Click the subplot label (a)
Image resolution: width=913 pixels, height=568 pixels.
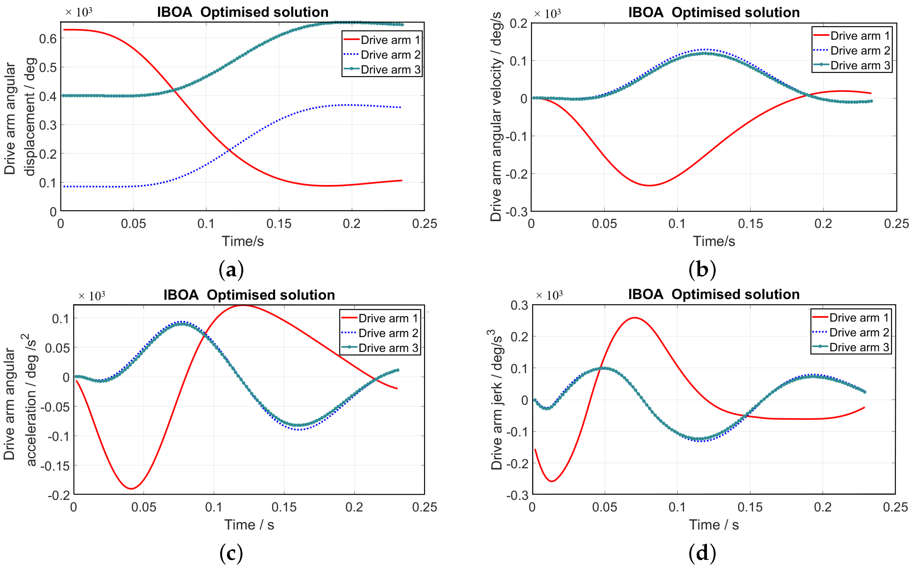[231, 270]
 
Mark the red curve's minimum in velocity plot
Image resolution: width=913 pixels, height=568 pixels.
[649, 185]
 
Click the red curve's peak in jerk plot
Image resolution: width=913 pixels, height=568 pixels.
[634, 318]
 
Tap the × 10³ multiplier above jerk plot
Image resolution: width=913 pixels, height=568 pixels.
[549, 295]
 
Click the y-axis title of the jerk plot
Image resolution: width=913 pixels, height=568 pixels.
[497, 400]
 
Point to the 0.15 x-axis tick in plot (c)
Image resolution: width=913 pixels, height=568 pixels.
[284, 507]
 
